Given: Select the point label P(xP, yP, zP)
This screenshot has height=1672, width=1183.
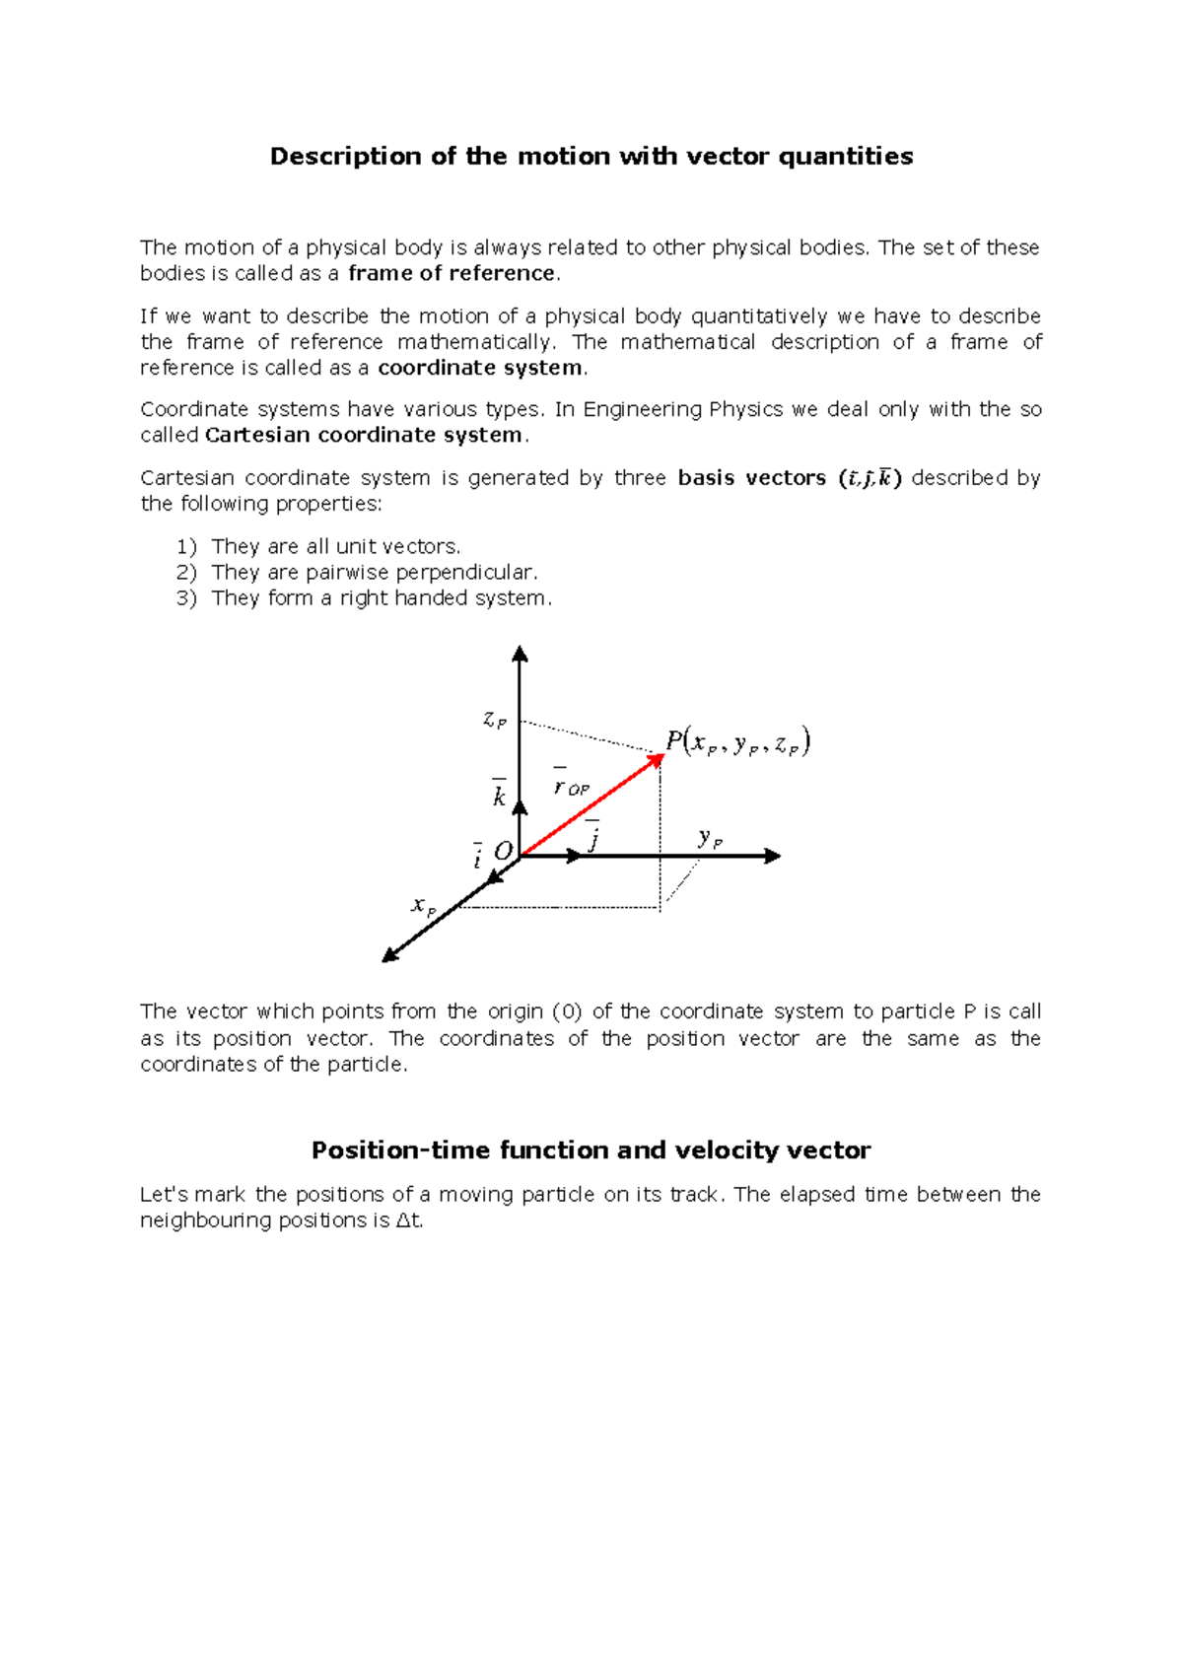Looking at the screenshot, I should coord(737,742).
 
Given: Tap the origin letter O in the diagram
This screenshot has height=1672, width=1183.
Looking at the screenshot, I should coord(503,851).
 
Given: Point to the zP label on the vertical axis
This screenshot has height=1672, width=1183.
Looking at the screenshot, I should coord(495,720).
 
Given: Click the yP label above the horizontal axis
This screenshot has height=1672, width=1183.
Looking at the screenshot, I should coord(710,839).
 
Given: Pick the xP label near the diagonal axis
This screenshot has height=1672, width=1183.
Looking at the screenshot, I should coord(423,905).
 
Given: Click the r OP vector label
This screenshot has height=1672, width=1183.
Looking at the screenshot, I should coord(570,785).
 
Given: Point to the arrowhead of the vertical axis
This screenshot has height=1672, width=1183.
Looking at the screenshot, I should coord(520,654).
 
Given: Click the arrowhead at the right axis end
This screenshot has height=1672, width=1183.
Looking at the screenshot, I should coord(772,856).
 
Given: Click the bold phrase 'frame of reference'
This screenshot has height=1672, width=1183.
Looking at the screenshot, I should coord(452,273).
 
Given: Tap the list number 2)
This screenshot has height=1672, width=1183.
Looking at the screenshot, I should coord(186,572).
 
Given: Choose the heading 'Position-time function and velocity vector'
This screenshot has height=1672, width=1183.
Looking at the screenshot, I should coord(591,1150).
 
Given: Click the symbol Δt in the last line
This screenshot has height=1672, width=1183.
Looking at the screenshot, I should coord(408,1220).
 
